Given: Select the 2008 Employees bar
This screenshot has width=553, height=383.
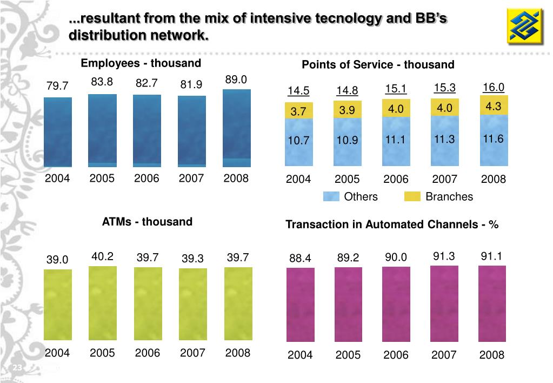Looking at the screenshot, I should [x=237, y=128].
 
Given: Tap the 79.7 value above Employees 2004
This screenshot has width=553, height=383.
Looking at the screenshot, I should [x=57, y=86].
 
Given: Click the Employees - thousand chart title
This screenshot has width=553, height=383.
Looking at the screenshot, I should [x=141, y=63].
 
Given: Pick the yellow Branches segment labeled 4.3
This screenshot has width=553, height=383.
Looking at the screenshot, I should [x=494, y=107].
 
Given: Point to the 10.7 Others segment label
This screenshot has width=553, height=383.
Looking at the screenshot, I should [x=298, y=141].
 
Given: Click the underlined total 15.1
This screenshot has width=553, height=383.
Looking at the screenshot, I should [x=396, y=88].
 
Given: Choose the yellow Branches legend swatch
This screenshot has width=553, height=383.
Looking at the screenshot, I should [x=412, y=196].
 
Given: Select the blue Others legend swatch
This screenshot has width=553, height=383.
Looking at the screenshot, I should [x=331, y=196].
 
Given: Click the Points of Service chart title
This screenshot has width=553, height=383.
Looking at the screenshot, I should [x=378, y=65].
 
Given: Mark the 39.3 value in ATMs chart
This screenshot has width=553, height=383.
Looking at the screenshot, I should [x=192, y=259].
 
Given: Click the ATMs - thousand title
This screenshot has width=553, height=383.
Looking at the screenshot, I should [x=147, y=222].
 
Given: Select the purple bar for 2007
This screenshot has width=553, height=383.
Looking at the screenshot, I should [x=444, y=303].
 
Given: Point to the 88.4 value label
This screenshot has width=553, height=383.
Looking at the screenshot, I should [x=300, y=259].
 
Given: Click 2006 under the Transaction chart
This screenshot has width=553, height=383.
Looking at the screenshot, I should [x=396, y=355].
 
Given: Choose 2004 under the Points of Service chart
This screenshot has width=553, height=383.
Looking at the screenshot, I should [x=298, y=180].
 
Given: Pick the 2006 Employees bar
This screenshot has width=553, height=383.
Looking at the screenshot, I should [x=147, y=130].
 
